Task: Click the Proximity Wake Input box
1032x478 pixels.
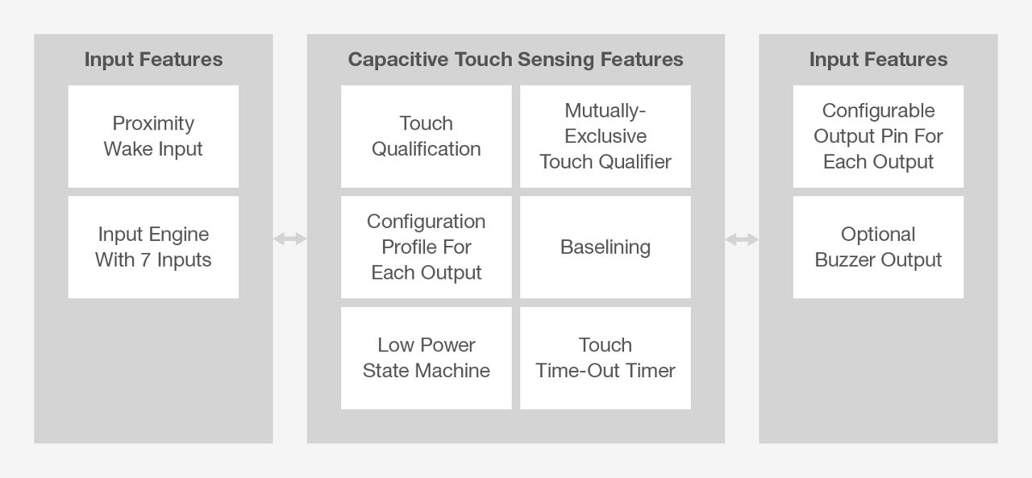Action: pos(153,136)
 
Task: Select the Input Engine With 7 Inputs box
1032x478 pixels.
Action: pos(153,247)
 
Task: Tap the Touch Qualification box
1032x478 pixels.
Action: pos(427,136)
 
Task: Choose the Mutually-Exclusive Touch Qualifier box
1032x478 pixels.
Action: pos(605,136)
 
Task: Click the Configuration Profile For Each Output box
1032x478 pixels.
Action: pos(427,247)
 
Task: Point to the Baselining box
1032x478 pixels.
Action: pos(605,247)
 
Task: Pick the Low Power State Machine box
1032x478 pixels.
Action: pos(427,358)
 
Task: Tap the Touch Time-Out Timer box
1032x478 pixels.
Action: pos(605,358)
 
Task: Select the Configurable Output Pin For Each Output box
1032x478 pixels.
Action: pos(878,136)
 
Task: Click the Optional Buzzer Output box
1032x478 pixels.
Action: pos(878,247)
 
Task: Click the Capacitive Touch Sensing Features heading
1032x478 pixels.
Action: pos(515,60)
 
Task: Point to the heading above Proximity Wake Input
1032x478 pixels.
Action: pos(153,60)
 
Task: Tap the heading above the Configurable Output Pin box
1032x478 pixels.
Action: pos(878,60)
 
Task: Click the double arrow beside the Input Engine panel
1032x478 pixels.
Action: pos(289,239)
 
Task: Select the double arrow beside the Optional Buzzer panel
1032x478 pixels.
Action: pos(742,239)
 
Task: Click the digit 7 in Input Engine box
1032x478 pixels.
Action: pos(146,260)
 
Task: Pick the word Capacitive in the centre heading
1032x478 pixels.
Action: pos(398,60)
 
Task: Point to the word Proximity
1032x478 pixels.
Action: pos(153,124)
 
